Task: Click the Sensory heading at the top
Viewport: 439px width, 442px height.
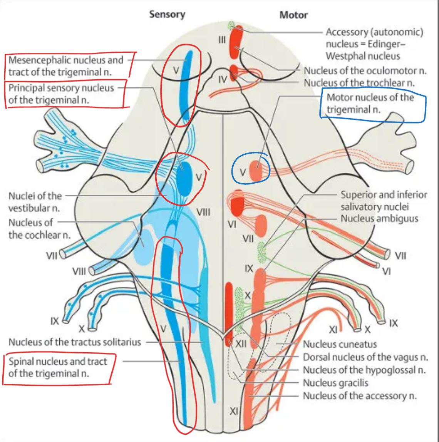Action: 167,15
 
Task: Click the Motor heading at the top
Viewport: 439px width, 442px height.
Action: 293,15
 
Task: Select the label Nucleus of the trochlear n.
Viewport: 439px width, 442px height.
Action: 359,83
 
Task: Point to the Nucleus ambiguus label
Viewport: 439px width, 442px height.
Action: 379,219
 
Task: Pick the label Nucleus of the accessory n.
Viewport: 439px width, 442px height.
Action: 360,395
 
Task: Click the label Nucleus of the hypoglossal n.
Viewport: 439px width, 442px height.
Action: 364,370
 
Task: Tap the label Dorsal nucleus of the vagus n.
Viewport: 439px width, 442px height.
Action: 365,357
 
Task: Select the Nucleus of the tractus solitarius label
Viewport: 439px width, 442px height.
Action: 75,342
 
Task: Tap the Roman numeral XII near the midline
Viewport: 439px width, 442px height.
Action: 241,343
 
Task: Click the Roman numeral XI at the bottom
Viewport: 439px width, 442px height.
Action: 233,411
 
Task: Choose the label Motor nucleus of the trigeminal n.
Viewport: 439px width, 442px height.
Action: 370,103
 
